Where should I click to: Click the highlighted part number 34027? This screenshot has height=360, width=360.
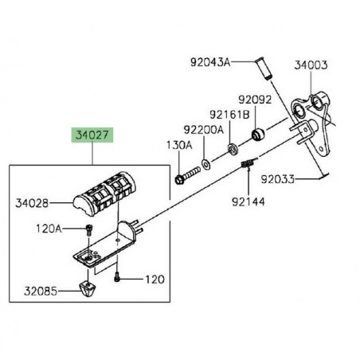click(x=92, y=135)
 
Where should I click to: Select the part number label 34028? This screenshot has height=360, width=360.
click(x=32, y=203)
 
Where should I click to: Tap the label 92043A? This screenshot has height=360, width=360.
click(x=210, y=62)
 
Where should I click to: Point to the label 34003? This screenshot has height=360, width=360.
click(x=311, y=65)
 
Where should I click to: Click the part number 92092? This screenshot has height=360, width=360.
click(x=255, y=100)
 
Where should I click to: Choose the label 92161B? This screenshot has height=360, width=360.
click(x=229, y=115)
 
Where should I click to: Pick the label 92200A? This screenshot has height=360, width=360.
click(x=204, y=130)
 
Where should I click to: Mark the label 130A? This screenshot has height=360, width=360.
click(x=179, y=145)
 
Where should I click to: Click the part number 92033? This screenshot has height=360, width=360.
click(x=278, y=179)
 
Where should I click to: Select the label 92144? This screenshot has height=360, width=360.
click(x=248, y=202)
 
